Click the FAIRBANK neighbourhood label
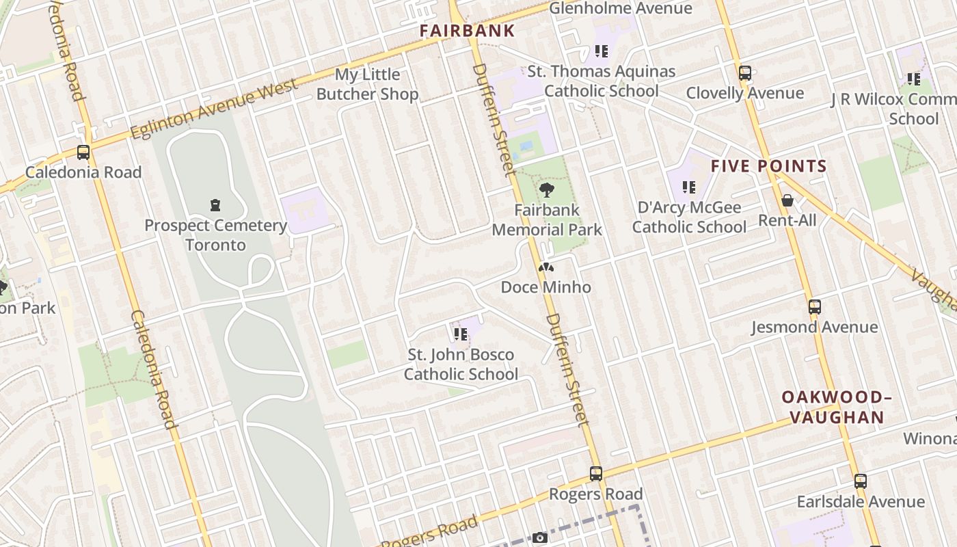point(467,31)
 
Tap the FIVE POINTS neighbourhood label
point(769,166)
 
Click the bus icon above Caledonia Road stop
point(83,152)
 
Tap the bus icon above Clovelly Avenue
point(745,73)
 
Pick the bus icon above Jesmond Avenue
point(814,307)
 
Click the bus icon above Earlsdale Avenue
point(861,481)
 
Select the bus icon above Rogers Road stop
point(596,474)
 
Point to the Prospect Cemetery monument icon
point(215,204)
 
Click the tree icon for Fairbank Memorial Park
point(546,190)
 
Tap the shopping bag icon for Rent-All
point(787,200)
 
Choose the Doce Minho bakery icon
point(545,267)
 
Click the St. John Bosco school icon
point(460,334)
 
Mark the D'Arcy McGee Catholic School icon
point(689,187)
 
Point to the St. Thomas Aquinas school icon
point(602,51)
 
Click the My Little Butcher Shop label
point(368,84)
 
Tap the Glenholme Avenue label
point(621,8)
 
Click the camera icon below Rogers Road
point(540,538)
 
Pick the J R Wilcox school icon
point(913,79)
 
